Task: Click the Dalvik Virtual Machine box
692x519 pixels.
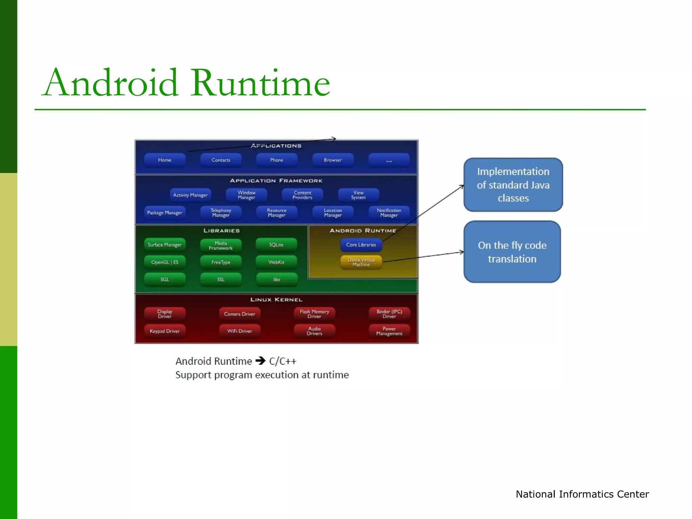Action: pyautogui.click(x=361, y=262)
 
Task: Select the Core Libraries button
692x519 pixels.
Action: pyautogui.click(x=361, y=245)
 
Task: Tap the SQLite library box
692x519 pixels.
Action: pyautogui.click(x=276, y=245)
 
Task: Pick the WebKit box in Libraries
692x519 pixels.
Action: pyautogui.click(x=276, y=262)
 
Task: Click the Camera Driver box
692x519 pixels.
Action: pyautogui.click(x=240, y=314)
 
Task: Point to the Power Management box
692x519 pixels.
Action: pyautogui.click(x=389, y=331)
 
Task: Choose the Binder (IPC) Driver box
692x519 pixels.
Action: pyautogui.click(x=389, y=314)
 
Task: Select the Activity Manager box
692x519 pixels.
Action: pyautogui.click(x=190, y=195)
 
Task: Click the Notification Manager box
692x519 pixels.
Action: pyautogui.click(x=389, y=213)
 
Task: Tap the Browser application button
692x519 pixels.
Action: pyautogui.click(x=333, y=160)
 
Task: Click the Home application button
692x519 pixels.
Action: pyautogui.click(x=165, y=160)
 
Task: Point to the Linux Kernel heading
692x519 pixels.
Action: pyautogui.click(x=276, y=300)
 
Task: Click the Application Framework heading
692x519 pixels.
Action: pyautogui.click(x=276, y=181)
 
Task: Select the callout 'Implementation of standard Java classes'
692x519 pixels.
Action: pyautogui.click(x=513, y=185)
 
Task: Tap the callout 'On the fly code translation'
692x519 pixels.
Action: pyautogui.click(x=512, y=252)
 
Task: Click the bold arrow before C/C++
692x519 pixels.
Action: pyautogui.click(x=261, y=361)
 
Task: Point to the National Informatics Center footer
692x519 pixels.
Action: pyautogui.click(x=582, y=494)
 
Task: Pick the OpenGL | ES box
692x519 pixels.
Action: pyautogui.click(x=165, y=262)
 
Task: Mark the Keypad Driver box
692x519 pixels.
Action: pyautogui.click(x=165, y=331)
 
